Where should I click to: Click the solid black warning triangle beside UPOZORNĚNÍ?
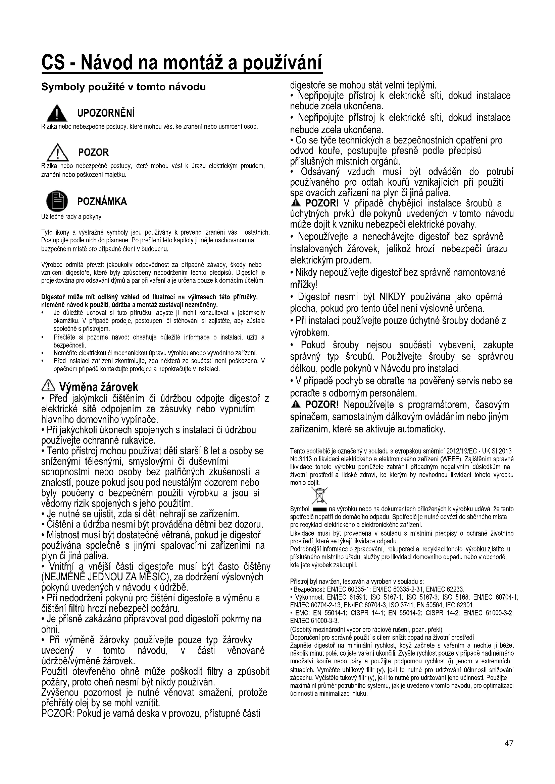(58, 113)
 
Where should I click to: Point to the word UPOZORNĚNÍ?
(106, 113)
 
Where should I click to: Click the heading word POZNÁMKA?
(102, 201)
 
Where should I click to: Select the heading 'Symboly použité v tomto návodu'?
(123, 87)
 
